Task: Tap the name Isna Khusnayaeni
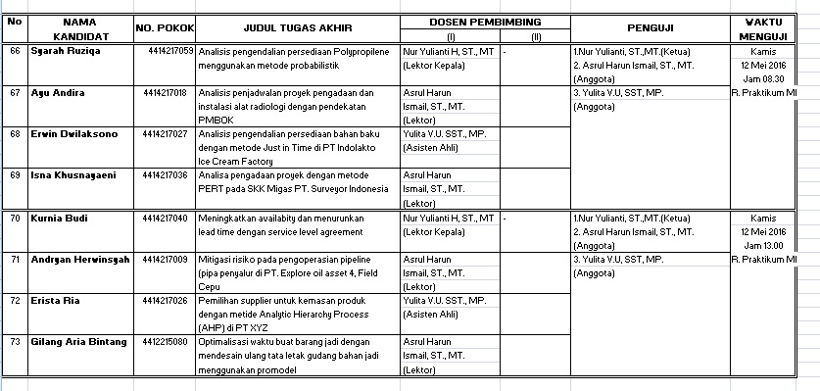[x=71, y=174]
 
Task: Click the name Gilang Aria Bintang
[x=77, y=341]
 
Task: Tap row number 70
[x=14, y=217]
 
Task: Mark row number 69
[x=14, y=174]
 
